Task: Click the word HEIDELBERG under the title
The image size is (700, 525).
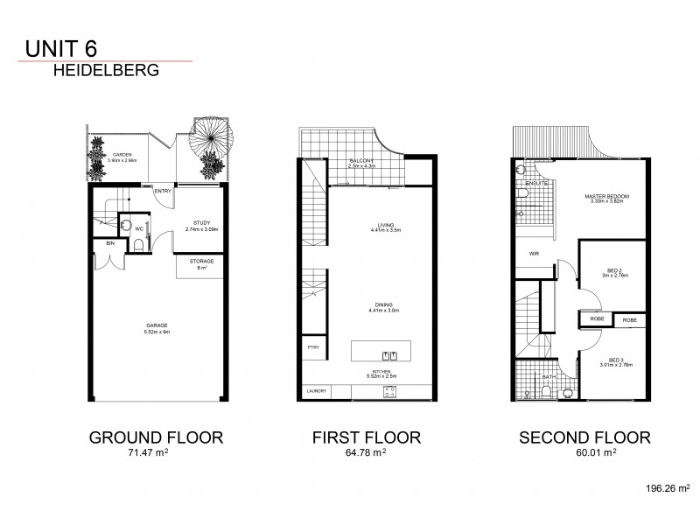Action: click(106, 72)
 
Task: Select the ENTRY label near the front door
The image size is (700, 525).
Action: click(162, 192)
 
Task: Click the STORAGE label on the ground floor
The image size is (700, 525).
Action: click(201, 261)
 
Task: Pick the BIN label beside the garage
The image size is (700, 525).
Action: click(110, 242)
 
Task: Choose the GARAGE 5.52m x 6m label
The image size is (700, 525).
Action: click(157, 329)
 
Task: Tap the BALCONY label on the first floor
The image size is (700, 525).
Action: click(361, 162)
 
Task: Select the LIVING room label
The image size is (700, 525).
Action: click(380, 224)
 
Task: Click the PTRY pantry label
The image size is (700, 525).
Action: click(312, 347)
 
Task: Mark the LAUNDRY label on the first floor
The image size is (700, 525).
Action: click(315, 391)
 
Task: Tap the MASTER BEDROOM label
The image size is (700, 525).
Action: click(607, 197)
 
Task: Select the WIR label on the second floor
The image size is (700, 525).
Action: click(533, 255)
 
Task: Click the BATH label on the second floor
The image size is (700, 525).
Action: click(547, 377)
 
